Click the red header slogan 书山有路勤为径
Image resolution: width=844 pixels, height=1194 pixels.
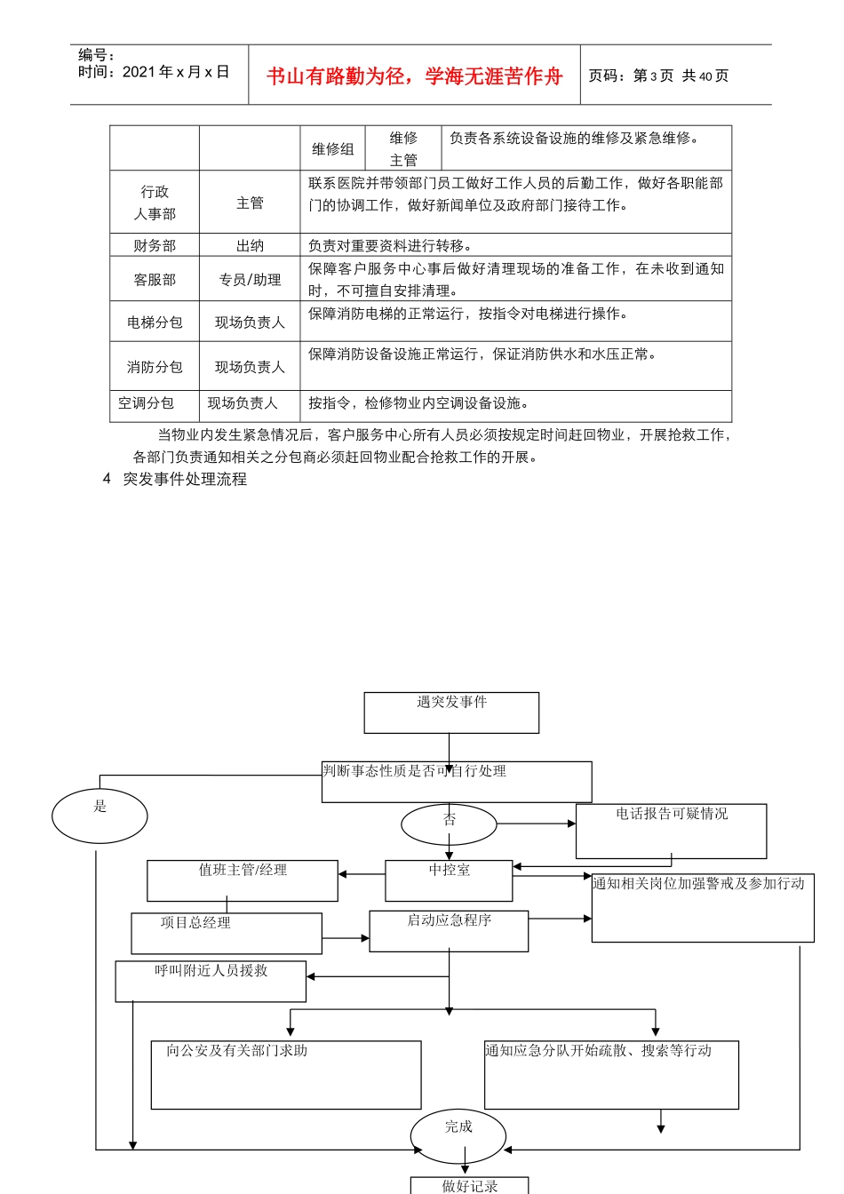[414, 76]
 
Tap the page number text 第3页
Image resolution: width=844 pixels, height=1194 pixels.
[653, 76]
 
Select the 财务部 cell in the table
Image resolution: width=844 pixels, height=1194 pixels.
[155, 246]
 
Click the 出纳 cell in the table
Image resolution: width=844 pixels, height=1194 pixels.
[250, 246]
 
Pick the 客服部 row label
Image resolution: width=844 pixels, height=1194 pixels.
[155, 280]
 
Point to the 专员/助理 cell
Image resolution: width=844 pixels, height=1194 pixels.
[250, 280]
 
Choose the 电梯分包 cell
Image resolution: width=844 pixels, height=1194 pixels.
[155, 322]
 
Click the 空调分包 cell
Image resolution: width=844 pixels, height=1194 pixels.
[147, 403]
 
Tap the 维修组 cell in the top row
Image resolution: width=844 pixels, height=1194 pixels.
[333, 149]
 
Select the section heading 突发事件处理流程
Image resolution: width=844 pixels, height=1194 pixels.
[185, 479]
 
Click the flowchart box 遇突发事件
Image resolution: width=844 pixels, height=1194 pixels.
[451, 712]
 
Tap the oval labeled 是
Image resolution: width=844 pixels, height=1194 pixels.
[100, 816]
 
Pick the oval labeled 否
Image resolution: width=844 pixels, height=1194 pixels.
[449, 824]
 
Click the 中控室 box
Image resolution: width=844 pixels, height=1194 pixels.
[449, 880]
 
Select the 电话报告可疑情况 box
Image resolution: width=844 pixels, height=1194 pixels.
[671, 831]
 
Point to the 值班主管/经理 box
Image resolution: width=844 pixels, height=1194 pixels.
[243, 880]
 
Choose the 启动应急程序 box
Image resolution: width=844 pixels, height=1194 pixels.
[449, 931]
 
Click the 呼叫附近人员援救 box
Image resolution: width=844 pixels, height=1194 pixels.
[211, 981]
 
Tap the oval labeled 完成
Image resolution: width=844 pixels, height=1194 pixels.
[458, 1135]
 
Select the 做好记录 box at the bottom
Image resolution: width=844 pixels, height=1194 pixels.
[469, 1185]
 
